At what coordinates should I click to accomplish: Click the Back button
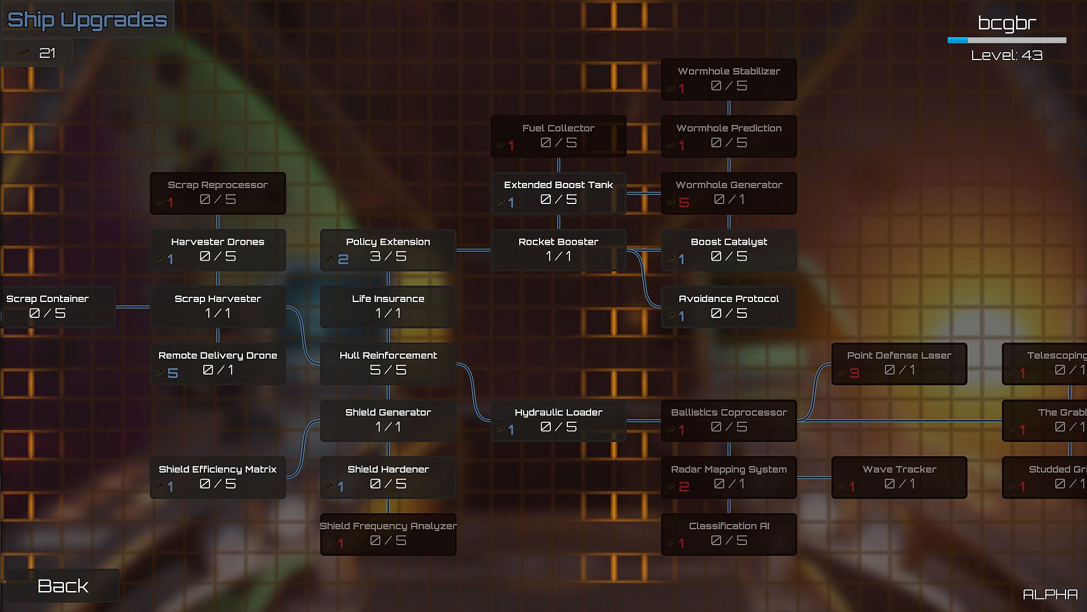[x=62, y=585]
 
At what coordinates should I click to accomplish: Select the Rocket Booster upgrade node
[x=558, y=250]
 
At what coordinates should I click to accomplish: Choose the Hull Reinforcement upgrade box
[x=388, y=363]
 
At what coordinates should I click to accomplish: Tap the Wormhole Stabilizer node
[x=729, y=79]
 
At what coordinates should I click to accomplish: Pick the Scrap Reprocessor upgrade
[x=217, y=193]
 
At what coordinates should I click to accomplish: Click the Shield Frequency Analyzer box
[x=388, y=534]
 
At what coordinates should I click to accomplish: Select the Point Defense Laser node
[x=898, y=363]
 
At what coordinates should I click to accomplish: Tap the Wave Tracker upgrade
[x=898, y=477]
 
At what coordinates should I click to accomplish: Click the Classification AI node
[x=729, y=534]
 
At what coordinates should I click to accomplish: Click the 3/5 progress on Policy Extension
[x=388, y=257]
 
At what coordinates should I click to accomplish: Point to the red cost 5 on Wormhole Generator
[x=684, y=202]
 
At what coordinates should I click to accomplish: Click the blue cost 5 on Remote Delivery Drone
[x=173, y=373]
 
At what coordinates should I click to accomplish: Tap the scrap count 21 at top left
[x=47, y=53]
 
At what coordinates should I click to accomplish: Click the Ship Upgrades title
[x=87, y=20]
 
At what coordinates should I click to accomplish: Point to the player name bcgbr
[x=1007, y=23]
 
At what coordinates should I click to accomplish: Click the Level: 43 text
[x=1007, y=55]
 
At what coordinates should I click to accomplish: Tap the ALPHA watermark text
[x=1050, y=594]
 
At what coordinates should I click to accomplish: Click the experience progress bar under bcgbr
[x=1007, y=40]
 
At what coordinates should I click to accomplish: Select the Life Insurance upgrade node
[x=388, y=307]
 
